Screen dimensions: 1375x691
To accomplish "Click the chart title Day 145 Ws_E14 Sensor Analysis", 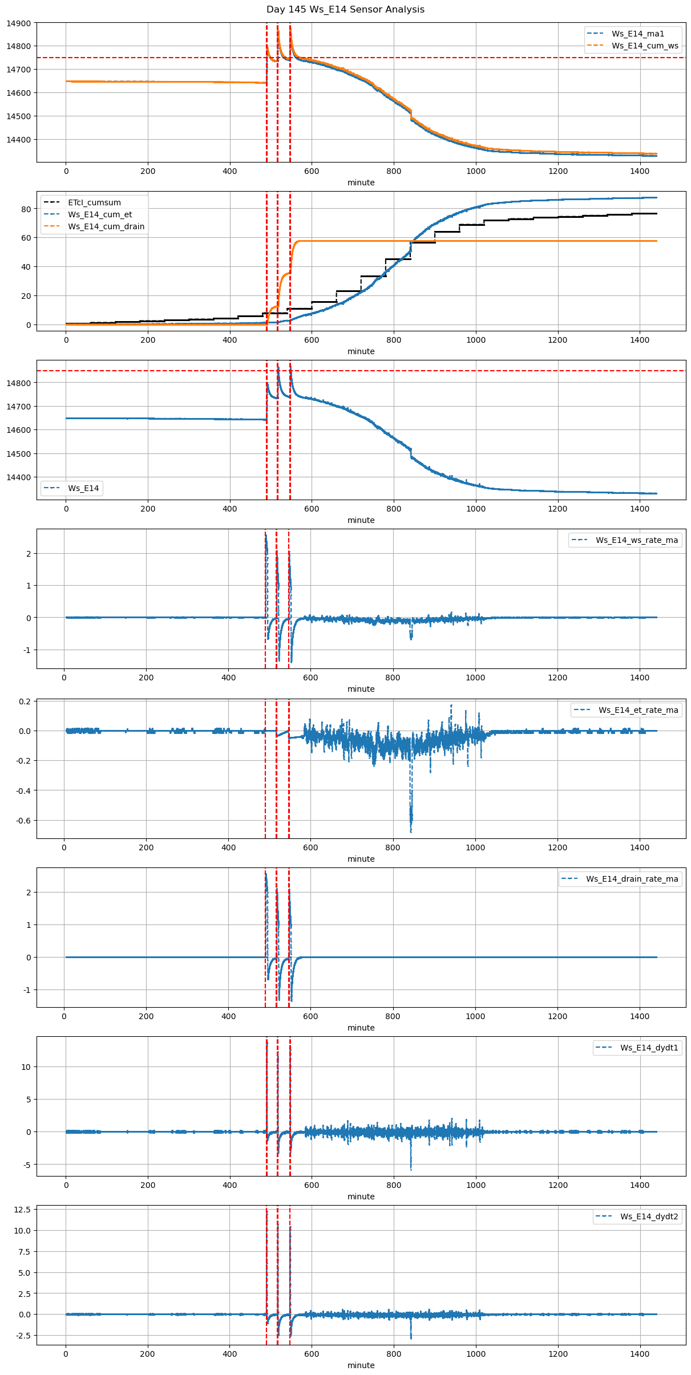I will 345,10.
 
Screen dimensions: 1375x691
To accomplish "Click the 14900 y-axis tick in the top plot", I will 19,23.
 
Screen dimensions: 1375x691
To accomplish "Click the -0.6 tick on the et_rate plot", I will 23,821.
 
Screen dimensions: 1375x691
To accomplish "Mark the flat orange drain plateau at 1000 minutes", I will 476,241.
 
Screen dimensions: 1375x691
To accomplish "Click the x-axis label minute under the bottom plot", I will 361,1365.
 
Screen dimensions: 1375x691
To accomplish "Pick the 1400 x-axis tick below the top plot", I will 640,171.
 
